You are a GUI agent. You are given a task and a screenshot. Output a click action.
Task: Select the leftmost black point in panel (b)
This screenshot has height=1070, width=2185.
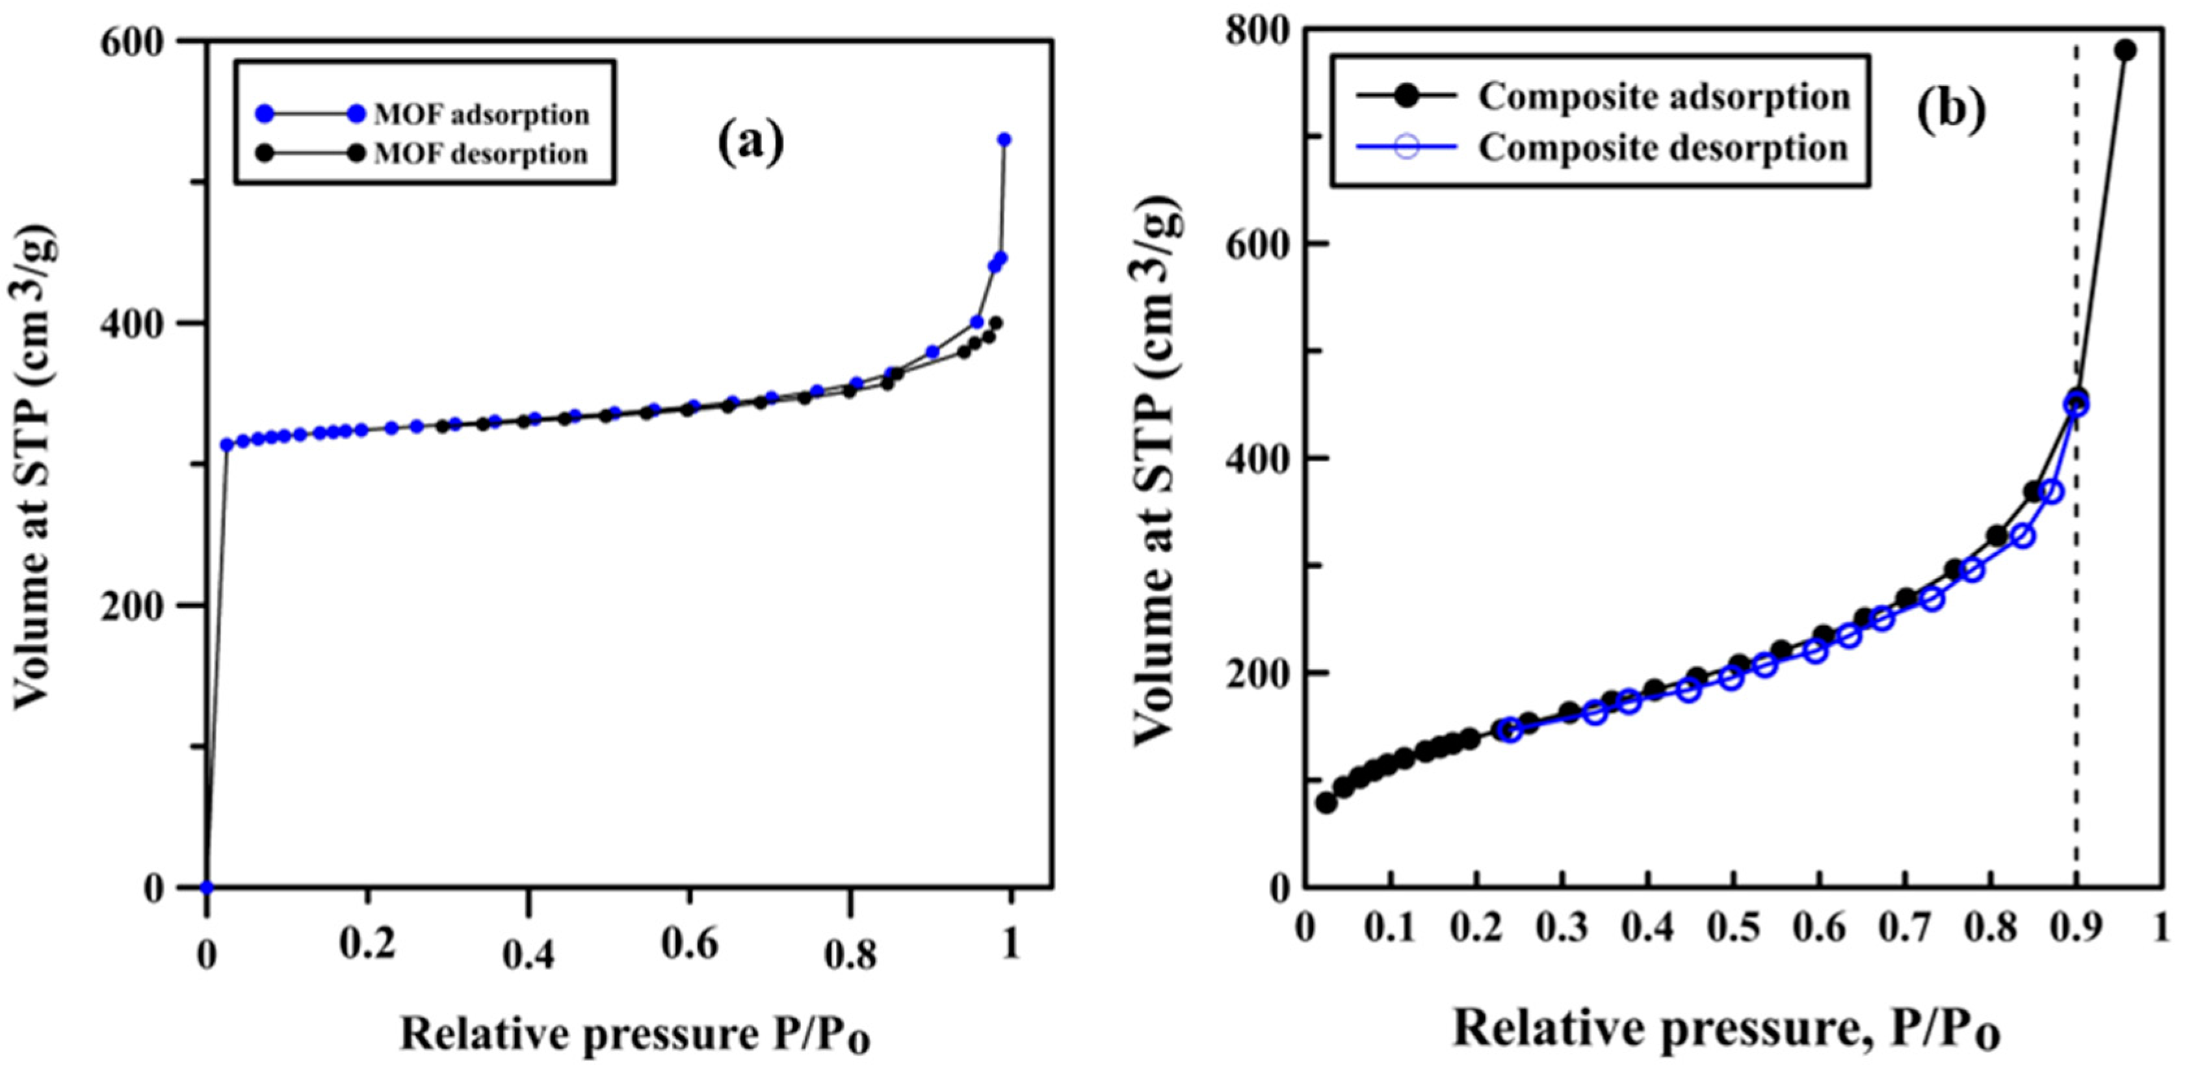point(1326,803)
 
